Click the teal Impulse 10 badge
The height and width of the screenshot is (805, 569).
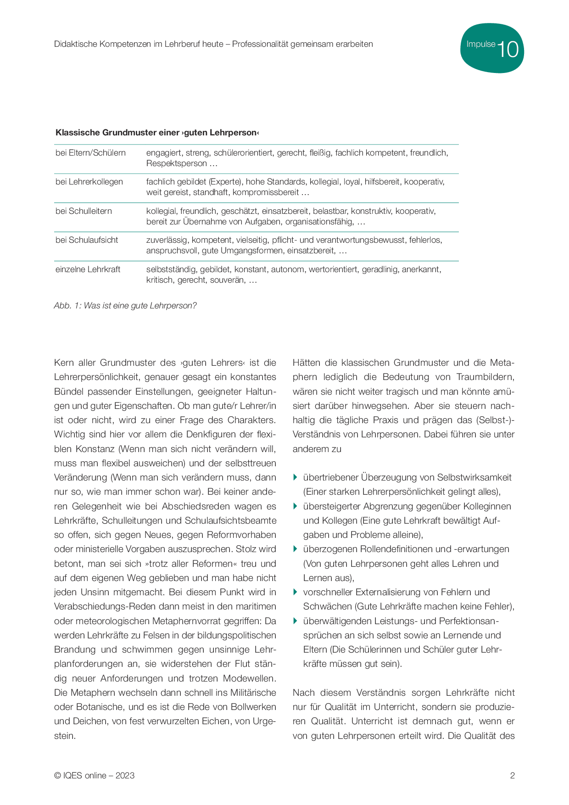pyautogui.click(x=491, y=48)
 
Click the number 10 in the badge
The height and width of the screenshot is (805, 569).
pyautogui.click(x=508, y=50)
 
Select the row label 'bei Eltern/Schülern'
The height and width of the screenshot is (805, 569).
pyautogui.click(x=90, y=153)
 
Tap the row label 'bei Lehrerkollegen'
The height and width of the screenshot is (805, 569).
pyautogui.click(x=89, y=182)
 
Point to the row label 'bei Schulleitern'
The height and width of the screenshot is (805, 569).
pyautogui.click(x=84, y=211)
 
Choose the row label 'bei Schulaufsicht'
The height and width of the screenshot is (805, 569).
pyautogui.click(x=87, y=240)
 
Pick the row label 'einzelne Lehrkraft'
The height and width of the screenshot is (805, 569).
pyautogui.click(x=88, y=269)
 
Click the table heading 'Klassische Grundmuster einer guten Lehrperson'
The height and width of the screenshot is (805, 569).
pyautogui.click(x=157, y=133)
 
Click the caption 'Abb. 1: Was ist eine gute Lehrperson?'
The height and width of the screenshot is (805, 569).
pyautogui.click(x=125, y=306)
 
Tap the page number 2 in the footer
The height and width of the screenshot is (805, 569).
pyautogui.click(x=512, y=776)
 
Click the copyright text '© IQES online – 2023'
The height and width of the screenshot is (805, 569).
pyautogui.click(x=94, y=776)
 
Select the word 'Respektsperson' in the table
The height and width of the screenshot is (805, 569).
pyautogui.click(x=176, y=163)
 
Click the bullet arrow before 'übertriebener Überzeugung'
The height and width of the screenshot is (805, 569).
pyautogui.click(x=296, y=477)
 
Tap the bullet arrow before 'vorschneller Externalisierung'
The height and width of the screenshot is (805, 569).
pyautogui.click(x=296, y=592)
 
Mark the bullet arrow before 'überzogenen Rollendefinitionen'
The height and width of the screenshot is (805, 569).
pyautogui.click(x=296, y=549)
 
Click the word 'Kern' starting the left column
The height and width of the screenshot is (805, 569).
pyautogui.click(x=64, y=363)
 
